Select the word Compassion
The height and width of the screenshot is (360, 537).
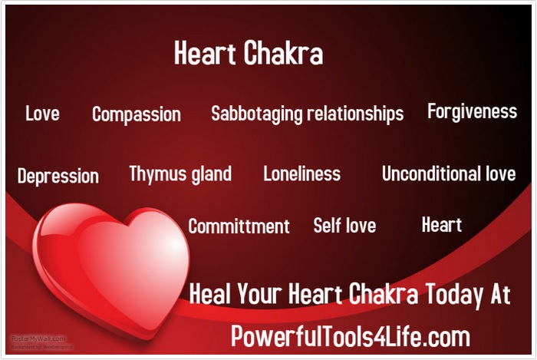pos(137,115)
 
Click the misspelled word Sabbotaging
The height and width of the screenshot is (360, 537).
pos(257,114)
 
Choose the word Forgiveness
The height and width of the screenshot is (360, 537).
pos(472,112)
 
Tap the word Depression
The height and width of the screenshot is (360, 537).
pos(58,176)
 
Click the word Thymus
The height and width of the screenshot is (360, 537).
pos(153,174)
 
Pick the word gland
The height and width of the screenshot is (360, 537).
pos(208,173)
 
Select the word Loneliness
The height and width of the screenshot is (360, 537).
pos(301,173)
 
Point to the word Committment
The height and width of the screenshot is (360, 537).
pos(239,226)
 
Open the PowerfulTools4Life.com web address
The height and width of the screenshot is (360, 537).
pos(351,336)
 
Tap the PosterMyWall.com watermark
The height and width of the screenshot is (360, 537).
pos(38,338)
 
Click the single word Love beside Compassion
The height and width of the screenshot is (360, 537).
pos(42,114)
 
